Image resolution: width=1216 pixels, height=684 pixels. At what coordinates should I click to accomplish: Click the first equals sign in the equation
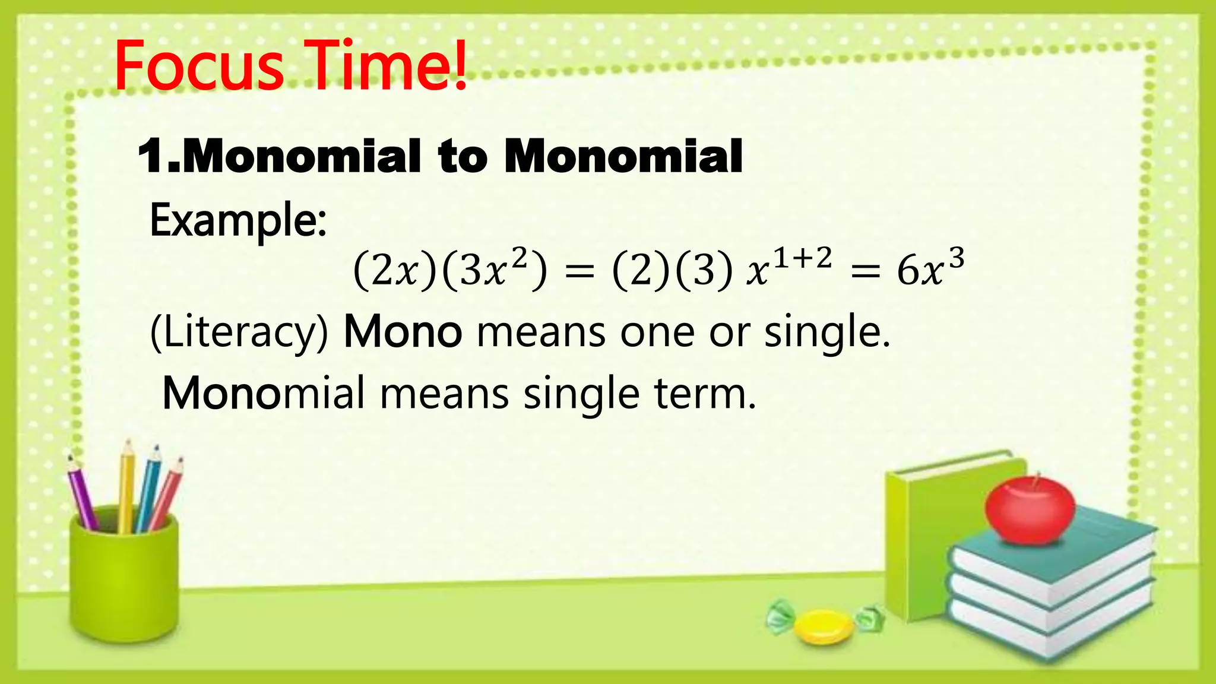tap(579, 273)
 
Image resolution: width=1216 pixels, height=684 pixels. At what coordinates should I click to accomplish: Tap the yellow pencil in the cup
tap(126, 484)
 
